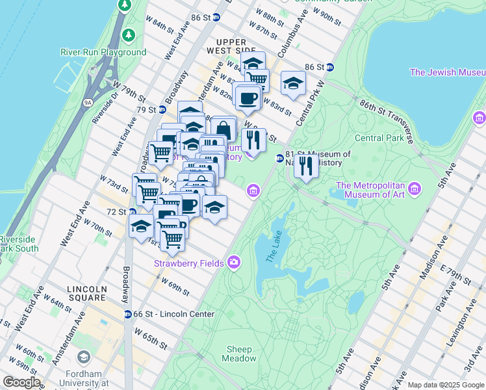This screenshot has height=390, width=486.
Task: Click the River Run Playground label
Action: pos(103,52)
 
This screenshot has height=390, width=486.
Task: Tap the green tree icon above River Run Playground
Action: pos(129,34)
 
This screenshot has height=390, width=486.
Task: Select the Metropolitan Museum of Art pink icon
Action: pos(415,190)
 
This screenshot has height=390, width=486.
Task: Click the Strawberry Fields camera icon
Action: pos(234,263)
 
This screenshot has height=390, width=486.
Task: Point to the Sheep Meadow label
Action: pos(240,354)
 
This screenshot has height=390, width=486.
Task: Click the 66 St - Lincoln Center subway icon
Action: pos(129,315)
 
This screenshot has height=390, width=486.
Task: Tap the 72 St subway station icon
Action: pos(133,212)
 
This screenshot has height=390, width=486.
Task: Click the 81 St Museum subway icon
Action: pos(279,158)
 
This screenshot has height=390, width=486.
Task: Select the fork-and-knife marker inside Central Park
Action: pos(305,166)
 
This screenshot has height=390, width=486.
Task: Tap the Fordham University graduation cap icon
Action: pos(83,357)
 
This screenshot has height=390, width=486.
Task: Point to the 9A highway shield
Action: pos(88,102)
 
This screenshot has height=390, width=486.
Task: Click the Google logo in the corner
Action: pos(21,382)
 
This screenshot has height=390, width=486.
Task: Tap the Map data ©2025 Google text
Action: pos(445,385)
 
